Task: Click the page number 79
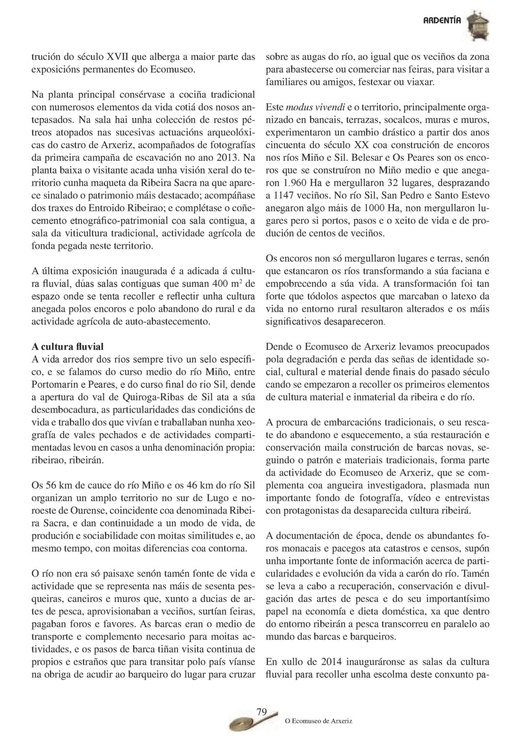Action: [x=262, y=712]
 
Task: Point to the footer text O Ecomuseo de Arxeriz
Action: [x=317, y=721]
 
